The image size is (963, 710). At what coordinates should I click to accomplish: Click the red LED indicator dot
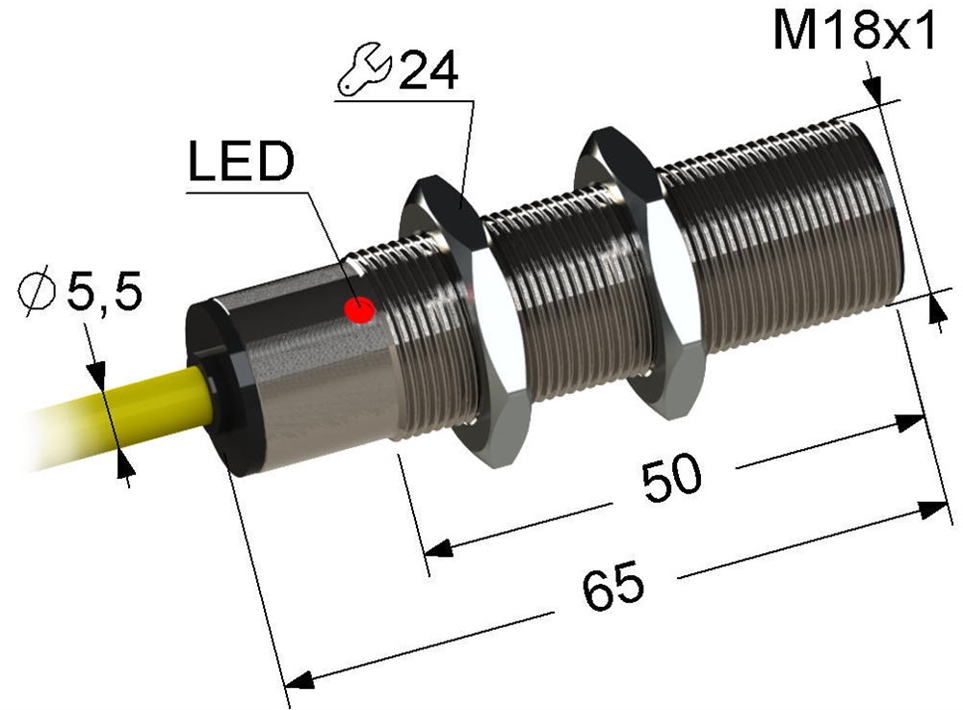point(359,309)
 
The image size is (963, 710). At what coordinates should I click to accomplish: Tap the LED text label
point(241,162)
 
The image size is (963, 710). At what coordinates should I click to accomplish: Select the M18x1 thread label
point(854,31)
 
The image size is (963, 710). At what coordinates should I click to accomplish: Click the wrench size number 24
point(429,71)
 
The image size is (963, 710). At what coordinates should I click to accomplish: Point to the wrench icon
point(364,69)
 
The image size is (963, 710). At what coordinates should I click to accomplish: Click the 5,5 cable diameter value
point(104,291)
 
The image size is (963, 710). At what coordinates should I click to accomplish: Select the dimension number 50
point(671,478)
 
